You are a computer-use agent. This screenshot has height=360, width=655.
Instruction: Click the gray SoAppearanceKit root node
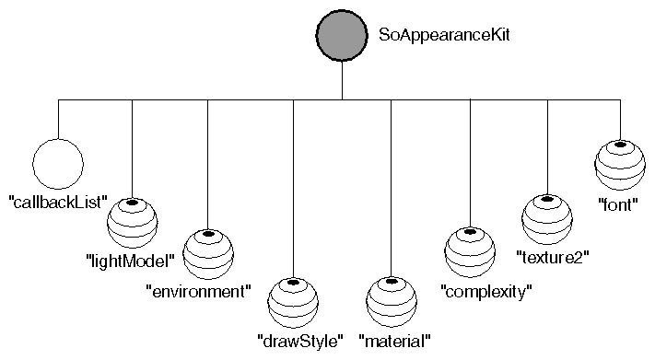tap(343, 36)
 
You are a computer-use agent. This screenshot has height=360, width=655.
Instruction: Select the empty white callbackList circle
tap(58, 163)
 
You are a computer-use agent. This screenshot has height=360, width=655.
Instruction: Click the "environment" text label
tap(199, 293)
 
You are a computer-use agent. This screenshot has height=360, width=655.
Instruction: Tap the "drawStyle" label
tap(300, 341)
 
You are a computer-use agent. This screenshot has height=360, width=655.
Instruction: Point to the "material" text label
tap(395, 341)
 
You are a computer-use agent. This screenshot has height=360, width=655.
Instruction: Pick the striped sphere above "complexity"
tap(470, 252)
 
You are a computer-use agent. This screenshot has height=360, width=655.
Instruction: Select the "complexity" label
tap(487, 293)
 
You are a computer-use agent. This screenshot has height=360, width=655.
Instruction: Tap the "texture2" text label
tap(553, 254)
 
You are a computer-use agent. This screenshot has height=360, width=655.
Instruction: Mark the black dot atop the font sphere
tap(620, 145)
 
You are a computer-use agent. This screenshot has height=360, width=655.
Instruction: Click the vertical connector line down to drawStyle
tap(294, 184)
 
